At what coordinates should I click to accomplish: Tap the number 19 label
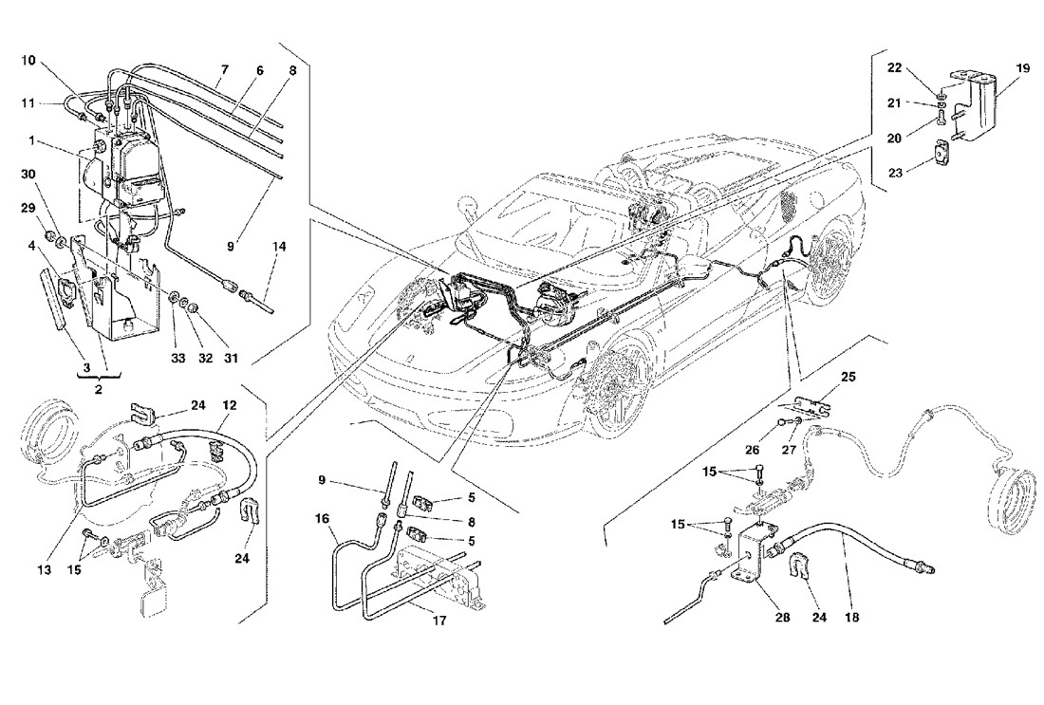[1022, 67]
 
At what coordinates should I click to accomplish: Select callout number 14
[279, 247]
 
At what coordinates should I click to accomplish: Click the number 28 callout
[782, 617]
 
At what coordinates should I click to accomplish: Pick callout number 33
[178, 358]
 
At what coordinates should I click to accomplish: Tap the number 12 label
[230, 405]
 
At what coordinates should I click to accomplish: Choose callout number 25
[848, 377]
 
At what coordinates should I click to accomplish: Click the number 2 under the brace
[99, 389]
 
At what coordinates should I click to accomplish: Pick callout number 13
[44, 569]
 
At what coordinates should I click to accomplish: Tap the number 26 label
[753, 450]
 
